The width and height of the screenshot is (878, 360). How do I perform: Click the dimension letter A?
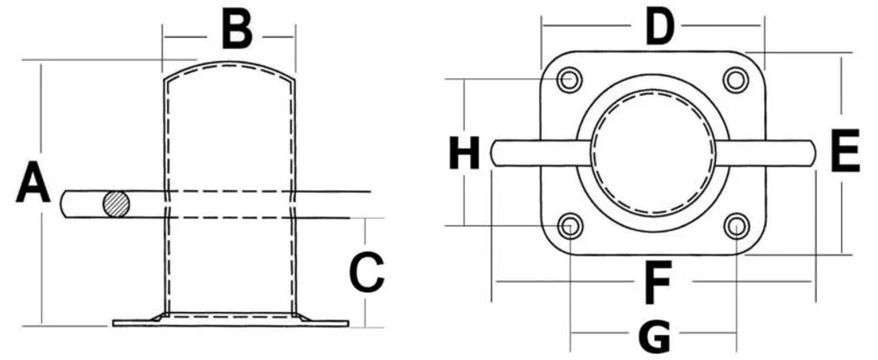(x=33, y=182)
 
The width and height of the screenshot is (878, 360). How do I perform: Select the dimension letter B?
(x=237, y=29)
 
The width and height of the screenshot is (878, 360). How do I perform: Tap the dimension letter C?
(x=367, y=272)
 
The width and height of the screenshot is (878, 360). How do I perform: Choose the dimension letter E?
(x=845, y=150)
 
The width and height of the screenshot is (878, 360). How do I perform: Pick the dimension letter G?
(x=654, y=338)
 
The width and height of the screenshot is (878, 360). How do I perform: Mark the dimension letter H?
(x=465, y=153)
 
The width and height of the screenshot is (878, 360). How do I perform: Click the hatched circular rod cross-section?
(x=117, y=204)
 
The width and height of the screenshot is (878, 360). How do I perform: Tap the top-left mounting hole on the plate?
(x=570, y=80)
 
